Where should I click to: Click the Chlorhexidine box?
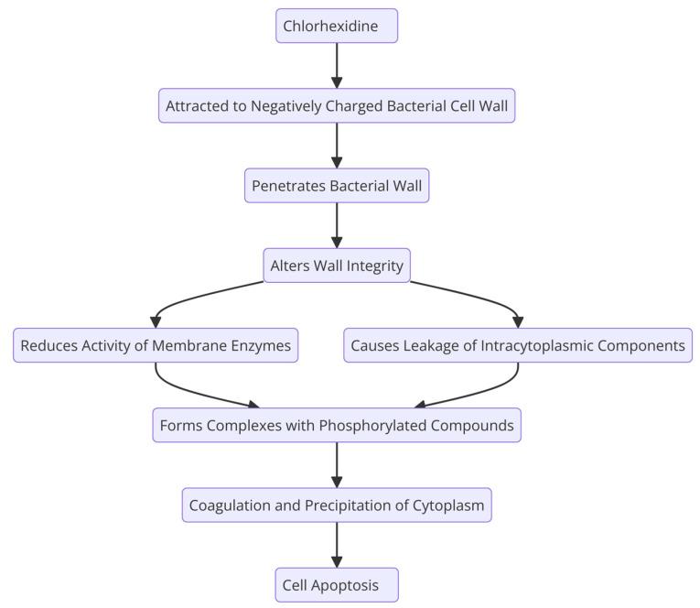[337, 26]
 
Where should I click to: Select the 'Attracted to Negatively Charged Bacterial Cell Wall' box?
[337, 106]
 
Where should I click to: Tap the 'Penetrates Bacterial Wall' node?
[337, 186]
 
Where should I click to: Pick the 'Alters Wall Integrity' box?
[337, 266]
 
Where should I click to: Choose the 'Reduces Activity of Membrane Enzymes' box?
[156, 345]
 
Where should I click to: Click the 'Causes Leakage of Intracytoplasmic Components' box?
[518, 345]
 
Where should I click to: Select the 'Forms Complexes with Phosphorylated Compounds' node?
[337, 425]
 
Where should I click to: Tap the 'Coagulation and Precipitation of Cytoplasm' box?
[337, 505]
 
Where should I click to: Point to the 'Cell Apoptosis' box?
[337, 585]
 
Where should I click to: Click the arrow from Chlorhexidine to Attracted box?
[337, 64]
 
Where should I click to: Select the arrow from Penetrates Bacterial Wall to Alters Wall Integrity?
[337, 224]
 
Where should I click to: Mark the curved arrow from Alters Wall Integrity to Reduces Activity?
[197, 296]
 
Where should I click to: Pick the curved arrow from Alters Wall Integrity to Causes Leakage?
[476, 296]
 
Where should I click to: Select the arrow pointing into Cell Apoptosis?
[337, 545]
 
